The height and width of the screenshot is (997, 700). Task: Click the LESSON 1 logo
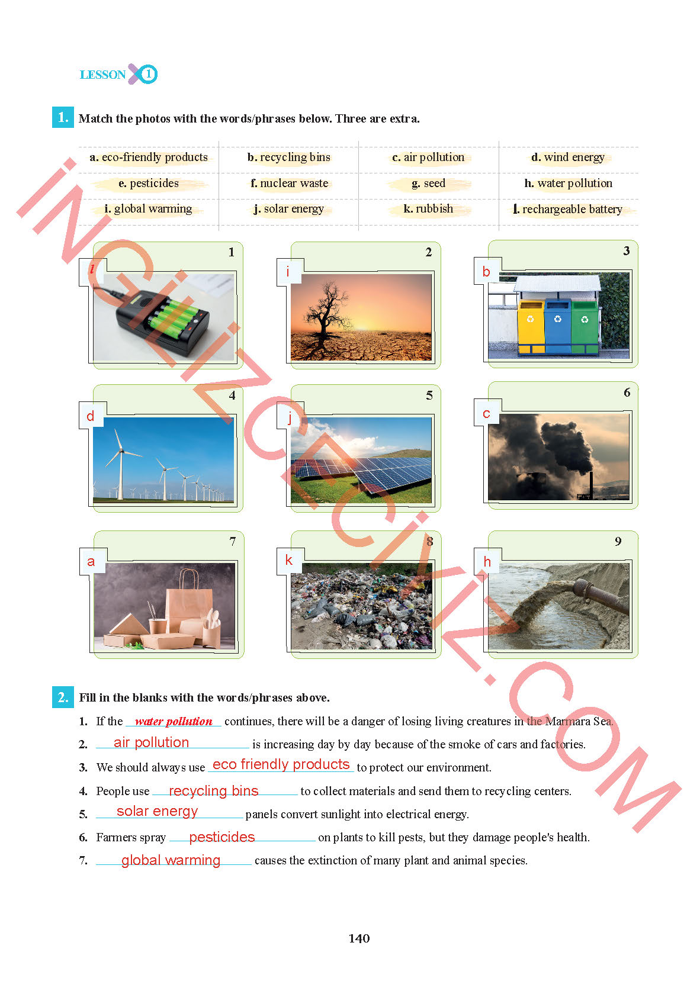[118, 74]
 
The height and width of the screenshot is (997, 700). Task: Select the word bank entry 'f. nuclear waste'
[289, 184]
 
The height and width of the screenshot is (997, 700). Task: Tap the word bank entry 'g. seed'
[428, 184]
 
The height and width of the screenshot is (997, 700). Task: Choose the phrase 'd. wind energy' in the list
[568, 157]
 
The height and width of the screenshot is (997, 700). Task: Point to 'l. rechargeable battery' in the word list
[568, 209]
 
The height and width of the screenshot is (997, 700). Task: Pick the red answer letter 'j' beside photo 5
[290, 417]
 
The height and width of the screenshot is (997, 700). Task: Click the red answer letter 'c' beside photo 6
[486, 414]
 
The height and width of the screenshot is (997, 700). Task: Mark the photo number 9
[618, 542]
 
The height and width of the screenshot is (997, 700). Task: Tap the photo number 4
[232, 395]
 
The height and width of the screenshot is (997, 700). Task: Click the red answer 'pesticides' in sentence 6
[221, 837]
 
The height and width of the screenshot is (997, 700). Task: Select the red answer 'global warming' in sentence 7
[171, 860]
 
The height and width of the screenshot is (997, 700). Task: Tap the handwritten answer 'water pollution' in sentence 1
[173, 721]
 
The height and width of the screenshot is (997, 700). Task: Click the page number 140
[359, 938]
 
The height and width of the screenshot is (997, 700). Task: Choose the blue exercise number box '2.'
[63, 697]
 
